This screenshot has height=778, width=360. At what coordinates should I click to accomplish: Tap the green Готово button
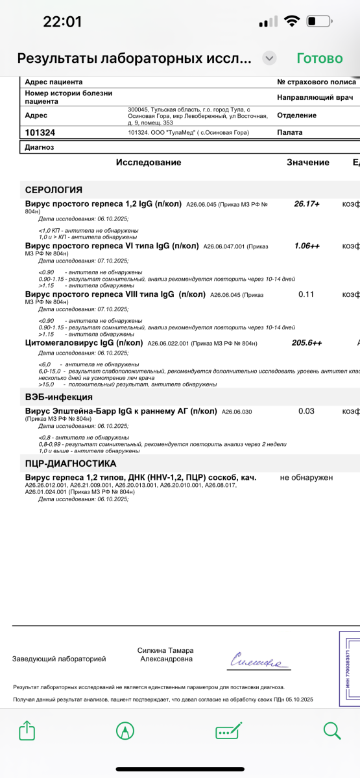click(319, 58)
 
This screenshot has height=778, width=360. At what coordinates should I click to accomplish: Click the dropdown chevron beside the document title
click(270, 58)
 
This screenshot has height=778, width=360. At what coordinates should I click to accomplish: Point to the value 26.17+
click(307, 204)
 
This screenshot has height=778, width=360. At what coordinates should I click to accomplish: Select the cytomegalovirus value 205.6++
click(307, 342)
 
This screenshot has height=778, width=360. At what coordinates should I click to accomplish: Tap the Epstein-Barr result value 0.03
click(307, 411)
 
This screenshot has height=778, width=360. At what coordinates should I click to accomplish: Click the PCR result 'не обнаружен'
click(306, 477)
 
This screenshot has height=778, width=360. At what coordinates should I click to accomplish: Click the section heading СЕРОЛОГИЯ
click(54, 190)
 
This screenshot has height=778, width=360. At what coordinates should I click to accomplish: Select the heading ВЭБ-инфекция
click(58, 397)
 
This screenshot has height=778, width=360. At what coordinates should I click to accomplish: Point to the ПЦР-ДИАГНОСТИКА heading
click(71, 464)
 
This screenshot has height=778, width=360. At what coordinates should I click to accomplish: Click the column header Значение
click(308, 163)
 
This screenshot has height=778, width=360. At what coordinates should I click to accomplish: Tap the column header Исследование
click(149, 163)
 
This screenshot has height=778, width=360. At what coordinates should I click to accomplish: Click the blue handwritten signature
click(258, 662)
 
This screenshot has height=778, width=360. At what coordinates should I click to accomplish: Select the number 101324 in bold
click(40, 132)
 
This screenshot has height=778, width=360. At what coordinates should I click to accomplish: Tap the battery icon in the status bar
click(319, 21)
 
